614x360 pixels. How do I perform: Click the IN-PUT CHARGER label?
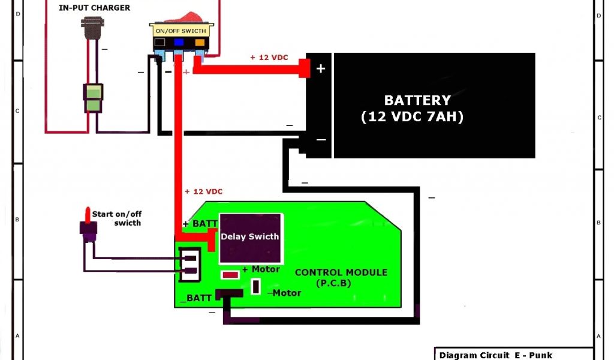(94, 8)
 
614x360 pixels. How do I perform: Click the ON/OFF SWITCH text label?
(180, 31)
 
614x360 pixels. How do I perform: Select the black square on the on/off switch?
(159, 43)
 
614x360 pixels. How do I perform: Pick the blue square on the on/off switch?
(179, 43)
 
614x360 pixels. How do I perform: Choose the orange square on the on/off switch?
(198, 43)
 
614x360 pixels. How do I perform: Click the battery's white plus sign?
(321, 68)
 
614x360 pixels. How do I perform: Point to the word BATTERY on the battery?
(417, 100)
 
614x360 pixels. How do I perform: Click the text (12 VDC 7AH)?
(413, 117)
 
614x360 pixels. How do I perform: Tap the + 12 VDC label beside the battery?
(269, 58)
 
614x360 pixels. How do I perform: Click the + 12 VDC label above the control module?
(203, 191)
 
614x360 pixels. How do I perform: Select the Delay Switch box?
(249, 237)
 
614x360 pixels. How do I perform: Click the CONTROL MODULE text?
(341, 272)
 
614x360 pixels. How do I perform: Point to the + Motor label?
(261, 269)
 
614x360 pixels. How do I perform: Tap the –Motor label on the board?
(284, 293)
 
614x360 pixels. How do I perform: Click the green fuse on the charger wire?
(92, 99)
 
